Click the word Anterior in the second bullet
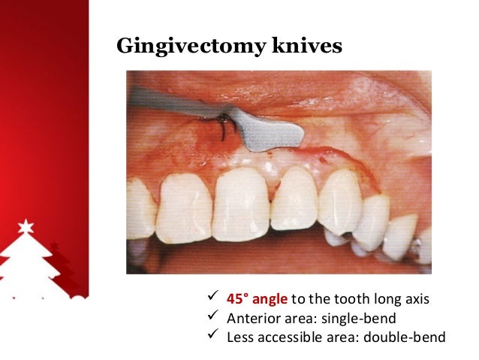(250, 317)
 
